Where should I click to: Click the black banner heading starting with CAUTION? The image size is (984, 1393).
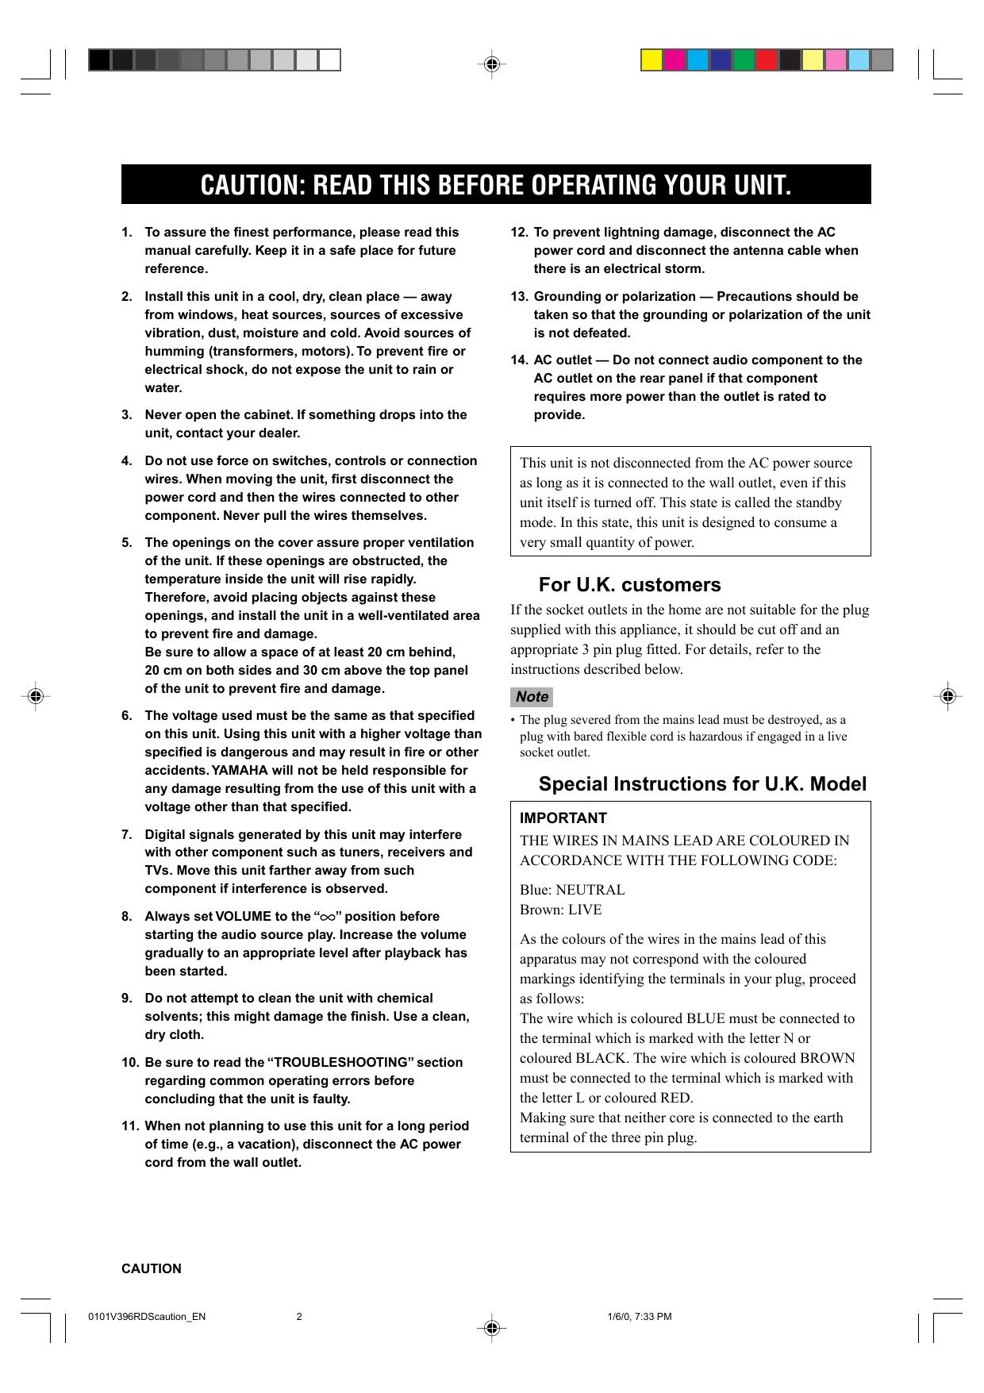pyautogui.click(x=496, y=185)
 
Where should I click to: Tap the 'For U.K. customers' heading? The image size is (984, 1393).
pyautogui.click(x=629, y=585)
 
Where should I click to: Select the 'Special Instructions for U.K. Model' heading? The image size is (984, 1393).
pyautogui.click(x=702, y=784)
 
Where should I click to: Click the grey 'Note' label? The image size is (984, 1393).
pyautogui.click(x=532, y=697)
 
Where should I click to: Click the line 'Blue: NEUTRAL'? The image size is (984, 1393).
pyautogui.click(x=572, y=890)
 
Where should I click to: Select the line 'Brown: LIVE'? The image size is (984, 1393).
pyautogui.click(x=560, y=910)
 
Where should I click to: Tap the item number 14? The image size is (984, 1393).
pyautogui.click(x=519, y=360)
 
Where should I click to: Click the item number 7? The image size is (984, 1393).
pyautogui.click(x=127, y=835)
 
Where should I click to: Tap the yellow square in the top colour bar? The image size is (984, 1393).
pyautogui.click(x=652, y=60)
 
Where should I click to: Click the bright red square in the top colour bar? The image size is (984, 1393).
pyautogui.click(x=767, y=60)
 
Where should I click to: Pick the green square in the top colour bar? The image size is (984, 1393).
pyautogui.click(x=744, y=60)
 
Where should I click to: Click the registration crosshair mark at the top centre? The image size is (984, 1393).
pyautogui.click(x=491, y=63)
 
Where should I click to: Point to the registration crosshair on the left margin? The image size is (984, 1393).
pyautogui.click(x=34, y=696)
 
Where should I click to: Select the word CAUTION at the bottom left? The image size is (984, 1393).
pyautogui.click(x=151, y=1268)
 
